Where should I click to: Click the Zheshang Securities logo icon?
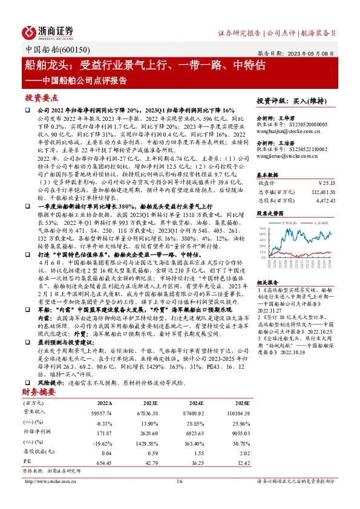pos(28,32)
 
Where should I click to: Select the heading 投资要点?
pos(41,97)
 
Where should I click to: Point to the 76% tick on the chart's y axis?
pos(261,228)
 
